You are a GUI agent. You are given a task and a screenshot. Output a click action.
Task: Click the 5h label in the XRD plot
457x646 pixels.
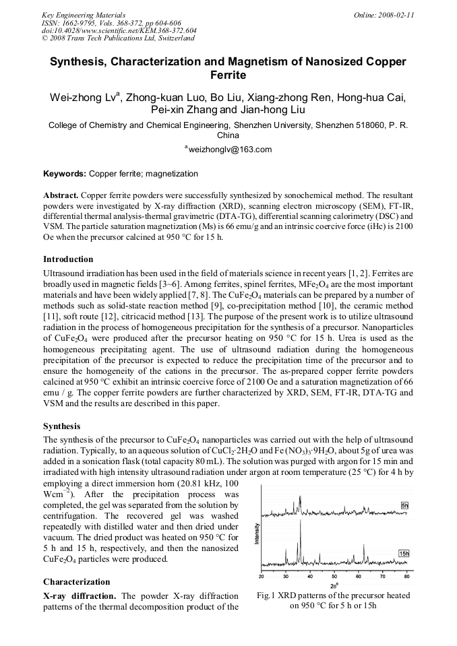tap(404, 505)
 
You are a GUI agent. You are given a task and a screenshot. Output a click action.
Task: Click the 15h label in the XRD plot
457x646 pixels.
tap(404, 553)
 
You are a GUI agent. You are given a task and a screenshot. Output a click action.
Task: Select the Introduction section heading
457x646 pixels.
tap(68, 259)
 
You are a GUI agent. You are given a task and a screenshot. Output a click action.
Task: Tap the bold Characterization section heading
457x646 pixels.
tap(76, 581)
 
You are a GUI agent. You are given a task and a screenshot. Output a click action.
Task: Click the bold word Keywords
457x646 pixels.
tap(64, 174)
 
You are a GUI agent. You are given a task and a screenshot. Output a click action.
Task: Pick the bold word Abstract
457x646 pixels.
tap(61, 194)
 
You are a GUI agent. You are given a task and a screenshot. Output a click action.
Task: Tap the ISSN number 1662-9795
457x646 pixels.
tap(79, 22)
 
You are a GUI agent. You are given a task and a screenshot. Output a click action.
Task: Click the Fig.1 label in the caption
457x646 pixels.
tap(270, 595)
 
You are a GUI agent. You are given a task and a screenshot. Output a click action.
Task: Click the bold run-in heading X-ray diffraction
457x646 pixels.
tap(80, 595)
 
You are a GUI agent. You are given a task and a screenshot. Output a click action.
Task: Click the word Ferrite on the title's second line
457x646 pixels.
tap(228, 75)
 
